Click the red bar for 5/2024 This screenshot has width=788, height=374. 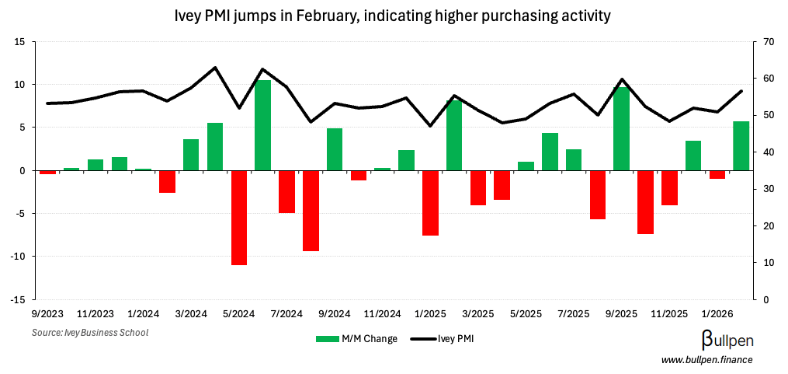[x=239, y=218]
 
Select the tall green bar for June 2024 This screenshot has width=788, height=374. [x=263, y=125]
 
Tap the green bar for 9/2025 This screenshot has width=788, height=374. [x=621, y=128]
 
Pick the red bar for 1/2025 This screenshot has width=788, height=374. [x=430, y=203]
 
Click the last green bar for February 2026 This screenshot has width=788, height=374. [x=741, y=146]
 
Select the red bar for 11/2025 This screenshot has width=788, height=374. [x=669, y=187]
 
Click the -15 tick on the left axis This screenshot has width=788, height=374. [x=19, y=299]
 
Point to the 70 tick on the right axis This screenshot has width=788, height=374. [x=769, y=42]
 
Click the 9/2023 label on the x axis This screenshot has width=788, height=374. [x=47, y=314]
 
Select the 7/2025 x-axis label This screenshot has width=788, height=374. [x=573, y=314]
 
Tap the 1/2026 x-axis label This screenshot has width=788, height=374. [x=717, y=314]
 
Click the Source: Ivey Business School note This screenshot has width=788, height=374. [x=89, y=333]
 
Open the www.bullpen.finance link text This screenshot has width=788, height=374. [x=706, y=359]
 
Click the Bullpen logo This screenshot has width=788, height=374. [x=727, y=340]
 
